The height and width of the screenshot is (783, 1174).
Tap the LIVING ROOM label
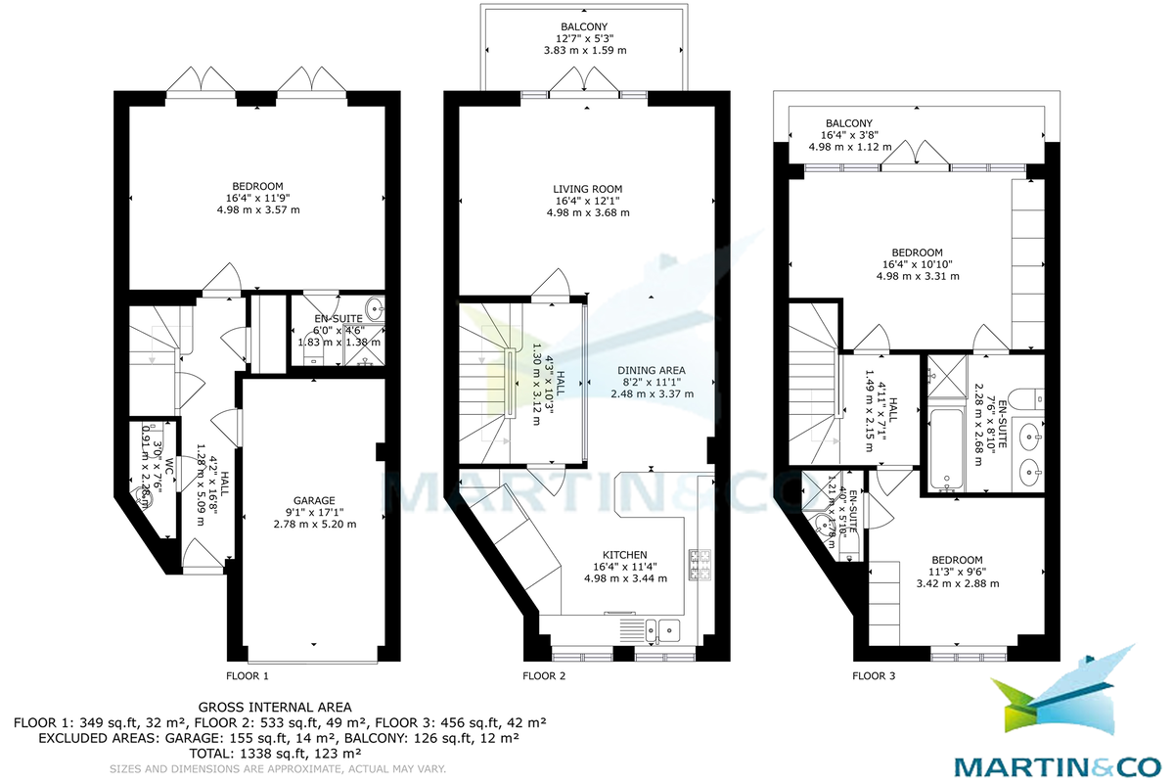pyautogui.click(x=587, y=189)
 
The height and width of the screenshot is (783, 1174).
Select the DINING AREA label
pyautogui.click(x=652, y=370)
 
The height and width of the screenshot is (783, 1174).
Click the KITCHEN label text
pyautogui.click(x=625, y=553)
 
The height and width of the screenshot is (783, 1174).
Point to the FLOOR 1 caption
pyautogui.click(x=247, y=675)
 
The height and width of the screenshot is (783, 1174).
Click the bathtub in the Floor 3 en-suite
pyautogui.click(x=944, y=449)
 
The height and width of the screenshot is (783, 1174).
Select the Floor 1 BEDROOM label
pyautogui.click(x=257, y=187)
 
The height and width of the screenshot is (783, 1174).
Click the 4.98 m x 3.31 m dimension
pyautogui.click(x=918, y=276)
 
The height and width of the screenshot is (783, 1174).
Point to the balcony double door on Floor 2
pyautogui.click(x=584, y=86)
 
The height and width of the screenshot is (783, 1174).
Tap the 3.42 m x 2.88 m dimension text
pyautogui.click(x=957, y=583)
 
